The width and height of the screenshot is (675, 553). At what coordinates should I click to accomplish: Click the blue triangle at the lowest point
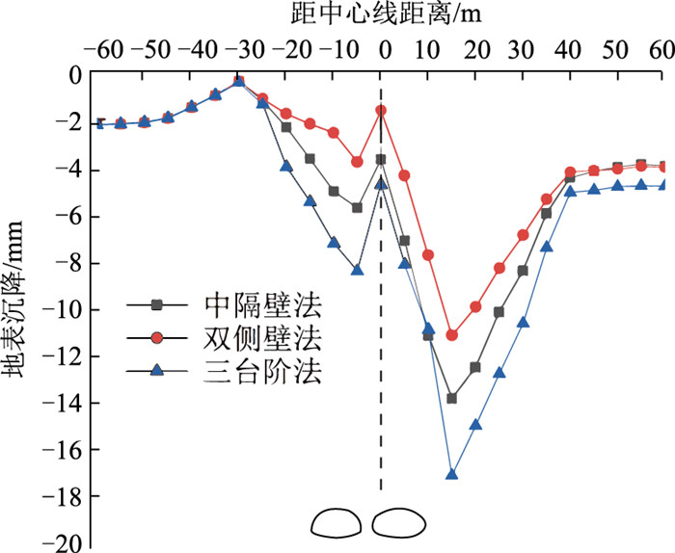451,474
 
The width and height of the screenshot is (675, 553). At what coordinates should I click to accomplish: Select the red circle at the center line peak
381,111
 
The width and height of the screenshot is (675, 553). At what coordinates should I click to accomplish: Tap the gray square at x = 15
451,398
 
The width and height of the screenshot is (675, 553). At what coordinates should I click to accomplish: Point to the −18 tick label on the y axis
64,497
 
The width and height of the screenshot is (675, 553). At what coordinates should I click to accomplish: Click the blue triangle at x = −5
358,270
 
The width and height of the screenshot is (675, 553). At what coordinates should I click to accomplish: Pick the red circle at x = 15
451,335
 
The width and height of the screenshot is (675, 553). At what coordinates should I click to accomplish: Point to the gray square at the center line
381,160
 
